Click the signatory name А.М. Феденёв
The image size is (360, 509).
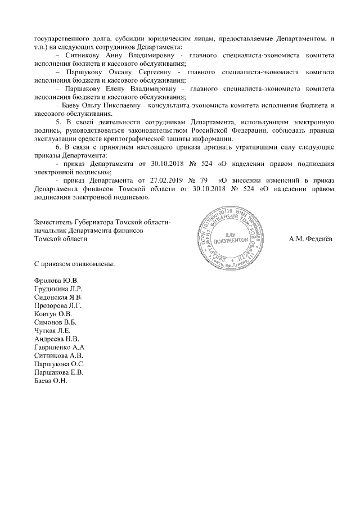pyautogui.click(x=310, y=239)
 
